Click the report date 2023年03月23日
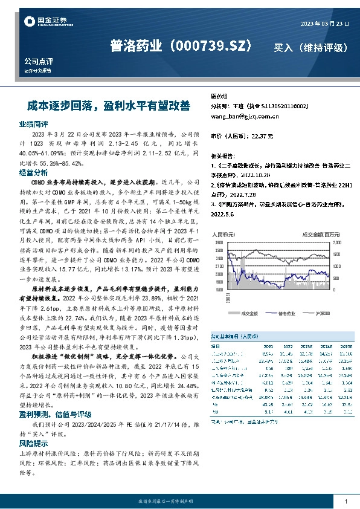tap(324, 24)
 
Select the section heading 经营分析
tap(33, 172)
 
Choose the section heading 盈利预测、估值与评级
tap(55, 414)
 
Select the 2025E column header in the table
tap(346, 346)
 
